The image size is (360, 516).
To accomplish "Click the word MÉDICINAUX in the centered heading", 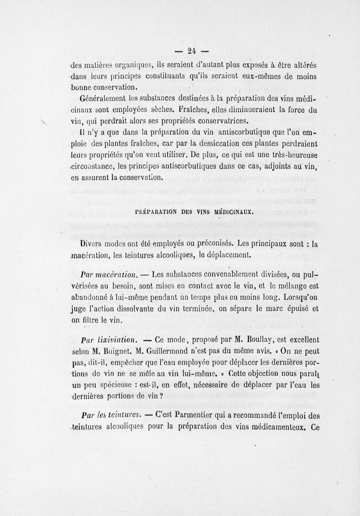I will click(x=232, y=211).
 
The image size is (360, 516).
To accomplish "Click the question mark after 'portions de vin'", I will click(x=161, y=397).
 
